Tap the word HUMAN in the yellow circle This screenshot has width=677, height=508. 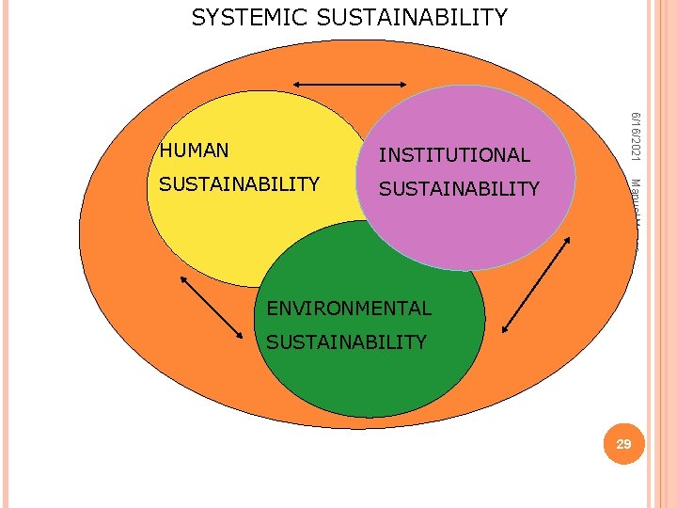tap(194, 151)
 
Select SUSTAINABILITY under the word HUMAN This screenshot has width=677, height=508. tap(239, 184)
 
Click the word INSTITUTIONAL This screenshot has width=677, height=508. tap(454, 155)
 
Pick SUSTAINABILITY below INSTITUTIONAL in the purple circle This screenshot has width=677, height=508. tap(459, 189)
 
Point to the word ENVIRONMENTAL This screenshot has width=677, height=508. tap(349, 308)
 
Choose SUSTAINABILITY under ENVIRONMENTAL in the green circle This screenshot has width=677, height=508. tap(346, 342)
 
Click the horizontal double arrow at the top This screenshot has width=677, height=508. tap(349, 85)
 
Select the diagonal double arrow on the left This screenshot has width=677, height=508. tap(212, 307)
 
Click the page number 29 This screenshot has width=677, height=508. tap(623, 444)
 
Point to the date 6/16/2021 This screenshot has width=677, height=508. tap(636, 135)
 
